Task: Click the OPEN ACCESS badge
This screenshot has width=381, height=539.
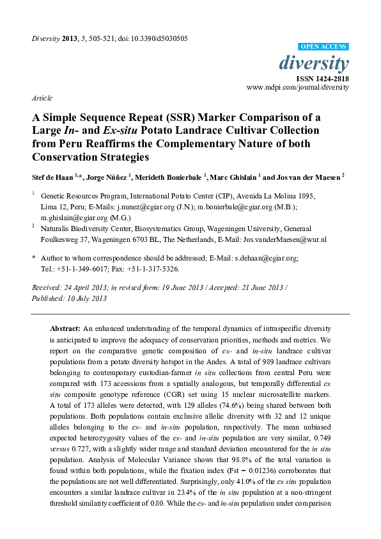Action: pyautogui.click(x=324, y=47)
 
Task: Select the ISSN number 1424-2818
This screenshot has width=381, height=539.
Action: pyautogui.click(x=333, y=77)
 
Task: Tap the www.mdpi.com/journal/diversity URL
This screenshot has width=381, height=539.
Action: pyautogui.click(x=297, y=86)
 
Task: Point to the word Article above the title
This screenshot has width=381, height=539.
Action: pyautogui.click(x=42, y=99)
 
